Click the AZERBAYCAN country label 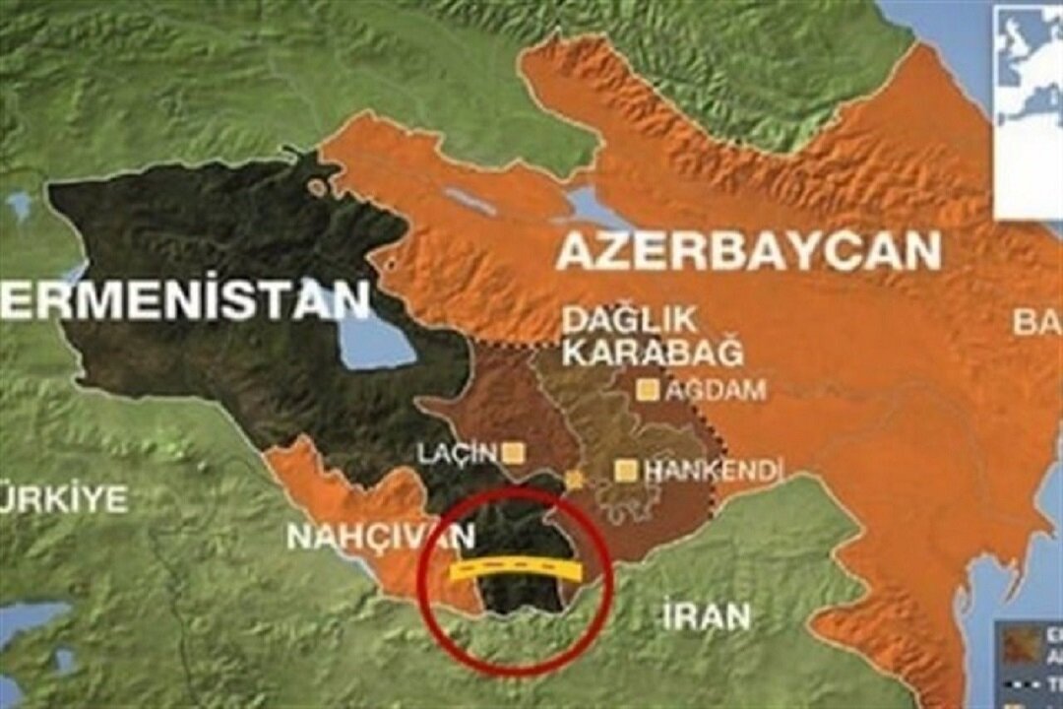749,252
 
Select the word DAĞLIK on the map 629,319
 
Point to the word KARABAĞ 652,353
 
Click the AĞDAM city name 716,391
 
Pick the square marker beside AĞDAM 648,390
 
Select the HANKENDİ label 711,471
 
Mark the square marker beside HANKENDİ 624,471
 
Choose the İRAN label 706,617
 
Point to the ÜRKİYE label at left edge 63,498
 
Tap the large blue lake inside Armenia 374,340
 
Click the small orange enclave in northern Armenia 316,185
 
